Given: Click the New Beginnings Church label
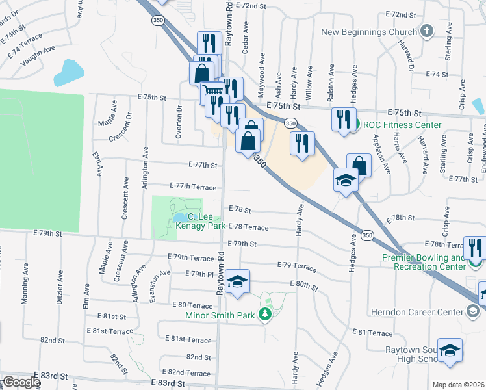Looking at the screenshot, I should [x=368, y=32].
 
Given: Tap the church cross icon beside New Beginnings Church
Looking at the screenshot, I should [x=427, y=31].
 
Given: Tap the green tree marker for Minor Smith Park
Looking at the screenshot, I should [x=264, y=315].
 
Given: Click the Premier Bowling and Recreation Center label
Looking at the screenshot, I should [x=424, y=263].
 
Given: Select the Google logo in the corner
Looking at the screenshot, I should [x=21, y=382].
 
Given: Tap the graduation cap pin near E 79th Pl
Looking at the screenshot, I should [x=238, y=281].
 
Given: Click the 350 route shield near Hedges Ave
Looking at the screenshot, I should [x=368, y=235].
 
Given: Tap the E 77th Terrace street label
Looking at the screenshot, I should [x=193, y=187].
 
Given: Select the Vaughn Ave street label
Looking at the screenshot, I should [x=38, y=57].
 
